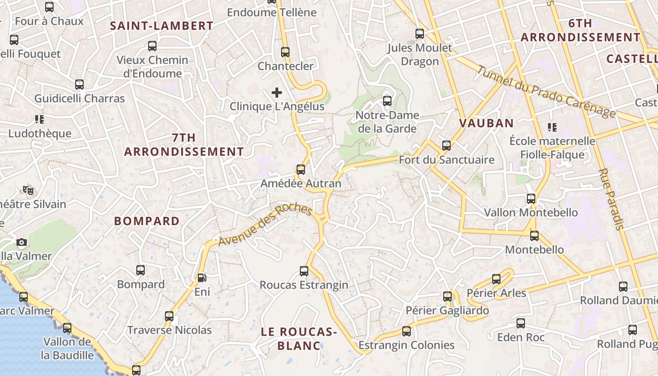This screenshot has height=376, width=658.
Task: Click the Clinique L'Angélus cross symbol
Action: [277, 93]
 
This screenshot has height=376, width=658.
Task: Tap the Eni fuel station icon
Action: [202, 278]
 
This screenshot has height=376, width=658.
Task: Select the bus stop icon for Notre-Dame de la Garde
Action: [387, 101]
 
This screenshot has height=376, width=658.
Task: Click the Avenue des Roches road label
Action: [265, 225]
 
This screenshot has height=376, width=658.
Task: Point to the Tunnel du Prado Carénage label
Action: [546, 92]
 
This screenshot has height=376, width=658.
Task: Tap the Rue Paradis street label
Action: [611, 199]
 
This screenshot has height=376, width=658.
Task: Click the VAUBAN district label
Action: [486, 123]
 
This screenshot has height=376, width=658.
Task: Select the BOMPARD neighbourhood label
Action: [147, 221]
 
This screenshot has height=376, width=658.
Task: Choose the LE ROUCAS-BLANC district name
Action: [299, 339]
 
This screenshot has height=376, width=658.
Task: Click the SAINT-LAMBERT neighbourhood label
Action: [162, 26]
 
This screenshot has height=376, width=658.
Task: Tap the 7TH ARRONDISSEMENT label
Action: [184, 145]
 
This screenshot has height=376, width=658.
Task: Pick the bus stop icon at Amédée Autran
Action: [301, 170]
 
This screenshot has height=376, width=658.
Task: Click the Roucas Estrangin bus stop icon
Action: [304, 271]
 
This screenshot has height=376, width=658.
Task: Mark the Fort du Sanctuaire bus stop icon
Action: [446, 146]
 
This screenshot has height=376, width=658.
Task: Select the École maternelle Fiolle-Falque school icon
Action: [552, 127]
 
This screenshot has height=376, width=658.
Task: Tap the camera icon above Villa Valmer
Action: [22, 243]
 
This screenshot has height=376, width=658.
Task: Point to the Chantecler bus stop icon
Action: [285, 52]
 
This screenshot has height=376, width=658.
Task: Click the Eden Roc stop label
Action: [521, 337]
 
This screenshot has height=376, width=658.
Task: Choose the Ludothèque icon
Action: [39, 119]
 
